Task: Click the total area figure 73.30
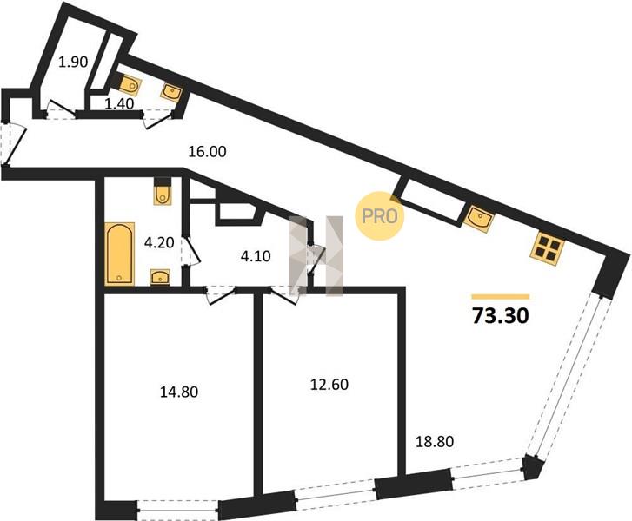click(x=500, y=316)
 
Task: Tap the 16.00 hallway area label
click(x=208, y=152)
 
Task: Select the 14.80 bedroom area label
click(x=179, y=392)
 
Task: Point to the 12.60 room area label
click(x=329, y=385)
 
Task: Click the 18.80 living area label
click(x=435, y=442)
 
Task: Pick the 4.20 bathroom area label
click(x=159, y=243)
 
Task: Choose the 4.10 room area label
click(x=256, y=256)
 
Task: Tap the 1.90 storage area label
click(x=73, y=63)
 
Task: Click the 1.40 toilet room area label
click(x=119, y=104)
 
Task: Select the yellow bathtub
click(x=119, y=254)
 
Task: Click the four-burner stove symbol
click(x=548, y=249)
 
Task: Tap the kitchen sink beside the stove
click(x=478, y=219)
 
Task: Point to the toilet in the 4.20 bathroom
click(x=163, y=192)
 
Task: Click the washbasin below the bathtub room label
click(x=161, y=277)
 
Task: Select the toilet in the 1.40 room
click(x=129, y=84)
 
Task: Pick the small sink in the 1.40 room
click(x=172, y=92)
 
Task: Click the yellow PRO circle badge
click(x=379, y=216)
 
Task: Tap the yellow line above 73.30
click(x=500, y=297)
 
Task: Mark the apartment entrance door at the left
click(x=13, y=144)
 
